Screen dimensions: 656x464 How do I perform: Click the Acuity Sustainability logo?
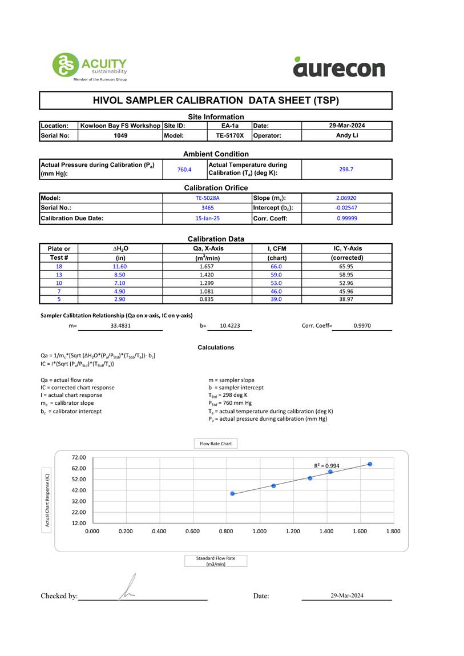90,66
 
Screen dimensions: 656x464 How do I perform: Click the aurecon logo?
339,68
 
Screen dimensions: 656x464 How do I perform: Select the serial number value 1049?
120,136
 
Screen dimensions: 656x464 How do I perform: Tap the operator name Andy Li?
346,136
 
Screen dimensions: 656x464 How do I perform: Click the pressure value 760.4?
184,170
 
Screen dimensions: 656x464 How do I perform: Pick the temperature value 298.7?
346,170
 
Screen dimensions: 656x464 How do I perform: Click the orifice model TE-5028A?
207,198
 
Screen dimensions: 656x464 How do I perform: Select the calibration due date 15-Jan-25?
207,218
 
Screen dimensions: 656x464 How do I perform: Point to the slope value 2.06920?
346,198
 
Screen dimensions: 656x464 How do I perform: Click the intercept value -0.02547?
346,208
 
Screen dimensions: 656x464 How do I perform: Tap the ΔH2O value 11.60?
119,267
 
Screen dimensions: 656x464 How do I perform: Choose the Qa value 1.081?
207,291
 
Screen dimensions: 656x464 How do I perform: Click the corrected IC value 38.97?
346,299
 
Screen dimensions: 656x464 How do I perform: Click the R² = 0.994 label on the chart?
326,466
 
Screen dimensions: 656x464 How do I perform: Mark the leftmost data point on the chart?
232,493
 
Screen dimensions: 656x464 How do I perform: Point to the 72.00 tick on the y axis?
79,457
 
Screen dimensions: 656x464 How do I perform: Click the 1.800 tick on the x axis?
393,531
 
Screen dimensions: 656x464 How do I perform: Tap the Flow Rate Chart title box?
216,444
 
